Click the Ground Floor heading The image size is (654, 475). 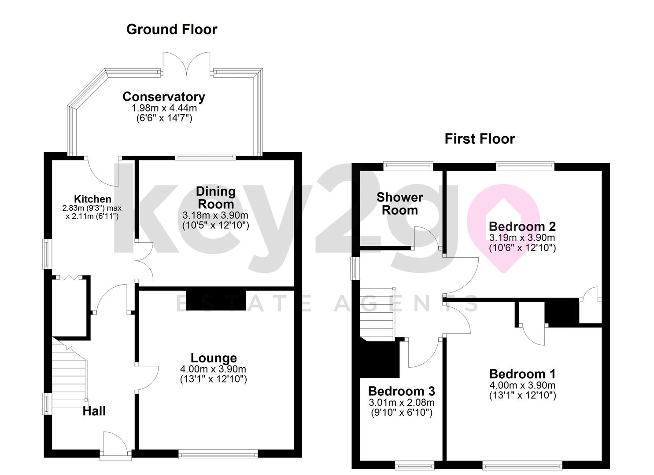pos(172,29)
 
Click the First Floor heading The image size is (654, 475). pos(480,139)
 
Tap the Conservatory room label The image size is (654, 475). pos(164,97)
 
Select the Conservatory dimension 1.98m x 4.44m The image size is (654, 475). pos(164,108)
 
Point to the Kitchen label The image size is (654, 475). pos(92,199)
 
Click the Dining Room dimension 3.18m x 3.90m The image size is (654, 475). pos(215,216)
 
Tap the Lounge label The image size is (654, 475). pos(214,358)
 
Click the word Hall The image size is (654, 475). pos(94,411)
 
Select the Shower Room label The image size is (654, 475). pos(400,204)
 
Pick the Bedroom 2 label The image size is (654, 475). pos(522,226)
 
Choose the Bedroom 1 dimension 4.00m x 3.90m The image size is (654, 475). pos(522,385)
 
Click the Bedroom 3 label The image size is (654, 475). pos(402,391)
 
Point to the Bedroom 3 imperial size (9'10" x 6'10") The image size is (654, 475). pos(402,413)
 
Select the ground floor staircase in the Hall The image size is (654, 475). pos(70,375)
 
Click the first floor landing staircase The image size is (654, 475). pos(377,314)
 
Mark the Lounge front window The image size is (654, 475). pos(218,454)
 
